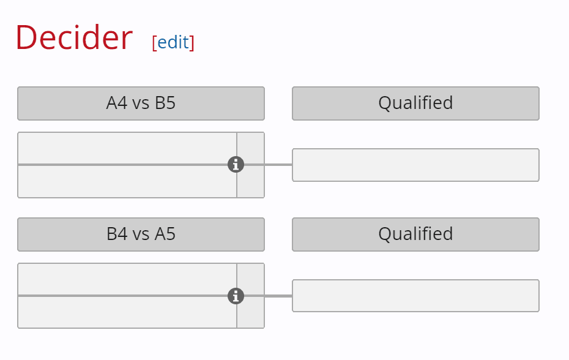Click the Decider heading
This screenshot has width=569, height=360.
73,38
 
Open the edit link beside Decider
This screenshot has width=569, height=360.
173,42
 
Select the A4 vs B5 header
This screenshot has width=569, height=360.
141,103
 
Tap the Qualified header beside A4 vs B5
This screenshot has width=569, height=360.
415,103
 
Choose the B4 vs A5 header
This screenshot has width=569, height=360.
141,234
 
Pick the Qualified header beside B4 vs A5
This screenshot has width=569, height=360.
415,234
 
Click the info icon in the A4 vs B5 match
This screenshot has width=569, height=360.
236,165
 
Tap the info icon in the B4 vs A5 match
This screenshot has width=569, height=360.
236,296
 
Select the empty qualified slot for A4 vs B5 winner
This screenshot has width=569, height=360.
415,165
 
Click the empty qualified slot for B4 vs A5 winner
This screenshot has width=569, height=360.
415,296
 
